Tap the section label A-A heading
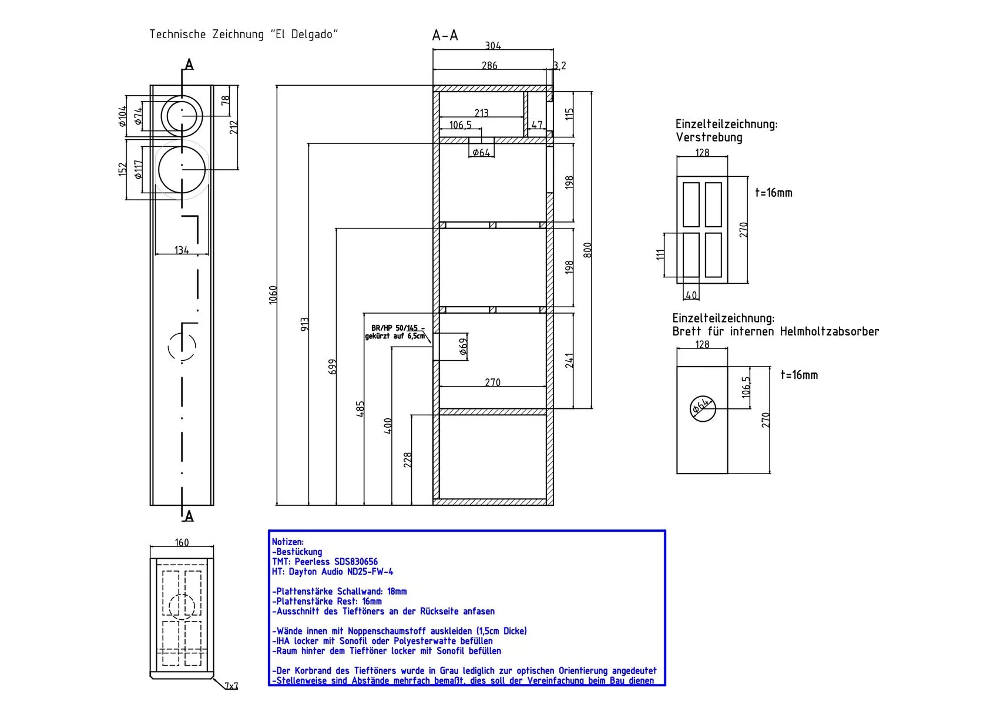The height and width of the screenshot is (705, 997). pos(445,36)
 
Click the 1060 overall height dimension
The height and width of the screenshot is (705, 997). pos(273,294)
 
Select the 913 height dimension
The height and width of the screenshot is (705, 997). pos(304,325)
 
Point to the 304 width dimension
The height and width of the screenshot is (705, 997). pos(493,46)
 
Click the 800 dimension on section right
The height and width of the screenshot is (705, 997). pos(588,250)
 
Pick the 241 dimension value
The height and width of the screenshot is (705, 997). pos(569,360)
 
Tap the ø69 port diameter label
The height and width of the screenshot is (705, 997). pos(464,347)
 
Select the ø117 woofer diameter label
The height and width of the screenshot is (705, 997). pos(139,170)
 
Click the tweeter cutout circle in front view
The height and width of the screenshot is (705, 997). pos(182,113)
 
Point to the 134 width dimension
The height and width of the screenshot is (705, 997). pos(182,250)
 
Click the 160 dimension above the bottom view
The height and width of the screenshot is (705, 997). pos(182,542)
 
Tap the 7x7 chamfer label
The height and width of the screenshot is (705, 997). pos(231,685)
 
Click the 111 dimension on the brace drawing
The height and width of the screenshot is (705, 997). pos(660,254)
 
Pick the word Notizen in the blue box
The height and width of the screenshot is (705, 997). pos(288,542)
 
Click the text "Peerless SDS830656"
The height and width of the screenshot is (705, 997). pos(336,562)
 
